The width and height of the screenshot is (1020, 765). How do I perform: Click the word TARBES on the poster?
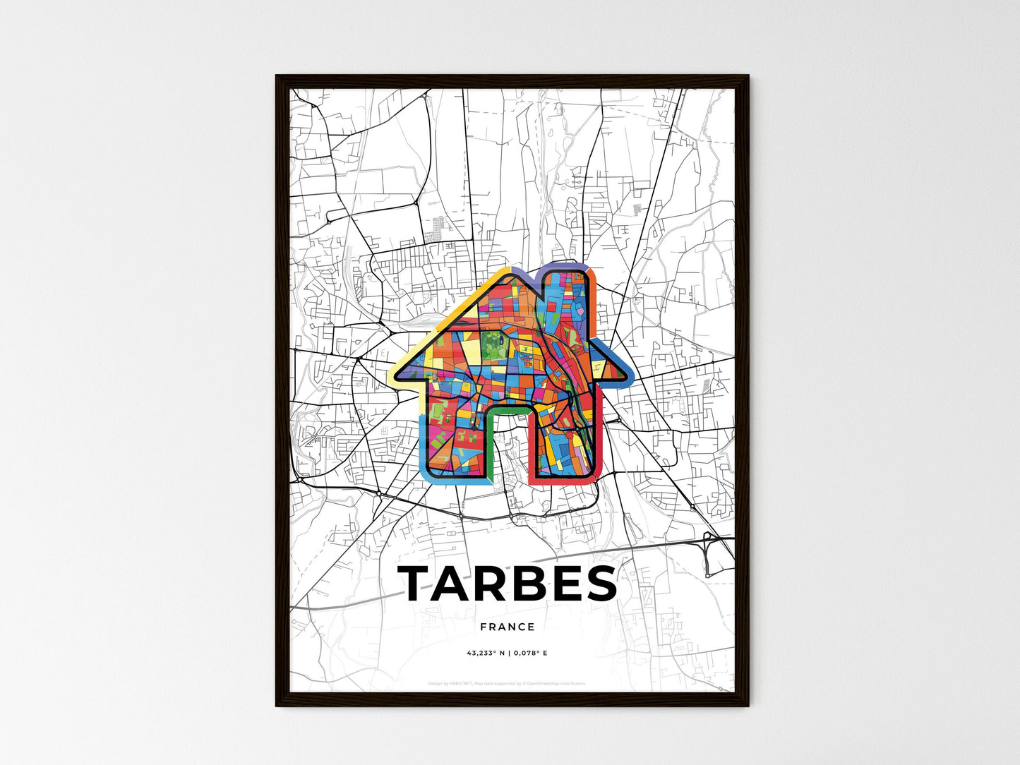[508, 584]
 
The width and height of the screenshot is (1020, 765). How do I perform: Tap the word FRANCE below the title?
[508, 627]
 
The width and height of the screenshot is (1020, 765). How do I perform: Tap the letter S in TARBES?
[599, 584]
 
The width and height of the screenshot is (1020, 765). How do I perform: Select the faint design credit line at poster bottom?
[508, 683]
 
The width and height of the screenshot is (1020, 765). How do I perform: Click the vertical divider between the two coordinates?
[508, 653]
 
